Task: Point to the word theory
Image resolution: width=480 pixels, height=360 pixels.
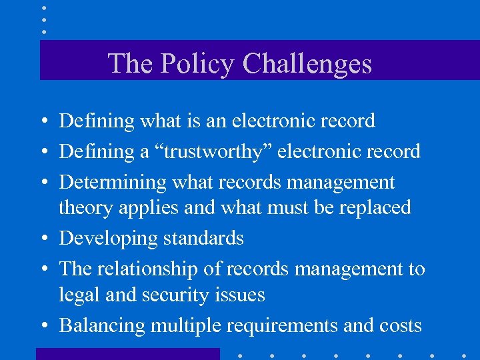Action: [x=86, y=208]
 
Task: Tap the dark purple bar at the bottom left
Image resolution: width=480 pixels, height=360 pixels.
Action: [x=127, y=353]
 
